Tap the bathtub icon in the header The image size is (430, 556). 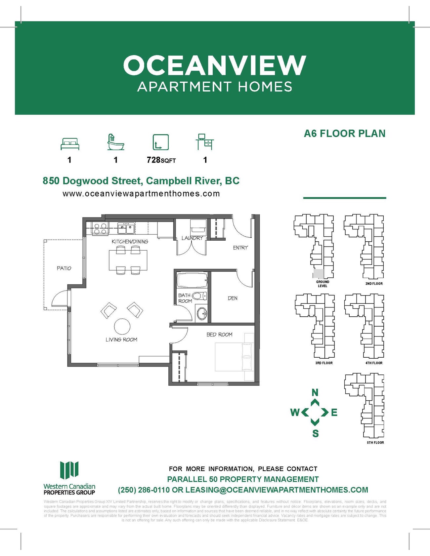(x=115, y=142)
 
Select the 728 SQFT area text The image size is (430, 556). (x=161, y=160)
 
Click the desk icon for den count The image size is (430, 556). (x=205, y=142)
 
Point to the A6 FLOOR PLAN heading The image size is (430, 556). (x=345, y=134)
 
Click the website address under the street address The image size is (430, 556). (x=141, y=194)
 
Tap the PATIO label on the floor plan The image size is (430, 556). (x=64, y=268)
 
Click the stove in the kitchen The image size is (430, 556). (x=100, y=228)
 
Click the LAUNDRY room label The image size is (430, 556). (x=192, y=238)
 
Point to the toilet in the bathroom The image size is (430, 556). (x=198, y=296)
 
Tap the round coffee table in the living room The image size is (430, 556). (x=122, y=326)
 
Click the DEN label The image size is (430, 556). (x=233, y=298)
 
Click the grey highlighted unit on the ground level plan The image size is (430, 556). (x=318, y=274)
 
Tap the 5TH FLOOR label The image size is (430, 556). (x=375, y=443)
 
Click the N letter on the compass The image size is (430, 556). (x=315, y=393)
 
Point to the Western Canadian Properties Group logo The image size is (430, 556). (x=69, y=478)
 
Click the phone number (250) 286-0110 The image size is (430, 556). (x=144, y=490)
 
